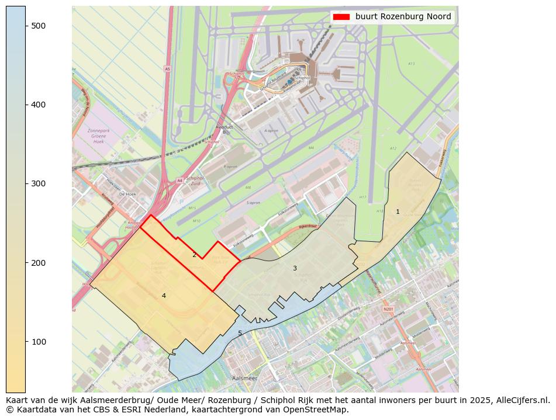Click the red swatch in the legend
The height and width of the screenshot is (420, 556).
[x=341, y=17]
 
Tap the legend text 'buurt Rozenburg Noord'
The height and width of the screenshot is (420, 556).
[x=403, y=17]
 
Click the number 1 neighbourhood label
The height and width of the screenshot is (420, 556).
[x=398, y=212]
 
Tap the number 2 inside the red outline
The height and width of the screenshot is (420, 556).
[x=195, y=255]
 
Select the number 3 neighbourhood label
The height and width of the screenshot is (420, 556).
[x=295, y=269]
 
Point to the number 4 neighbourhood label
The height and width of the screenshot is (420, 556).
[x=164, y=296]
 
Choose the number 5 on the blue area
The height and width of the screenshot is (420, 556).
[x=240, y=334]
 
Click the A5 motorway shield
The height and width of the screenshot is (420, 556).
[x=167, y=69]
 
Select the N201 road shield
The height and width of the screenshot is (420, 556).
[x=388, y=309]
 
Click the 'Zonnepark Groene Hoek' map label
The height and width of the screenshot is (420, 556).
[x=98, y=136]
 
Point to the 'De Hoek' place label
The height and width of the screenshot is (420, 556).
[x=127, y=194]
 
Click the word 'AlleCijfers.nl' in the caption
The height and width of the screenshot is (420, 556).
[x=520, y=401]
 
